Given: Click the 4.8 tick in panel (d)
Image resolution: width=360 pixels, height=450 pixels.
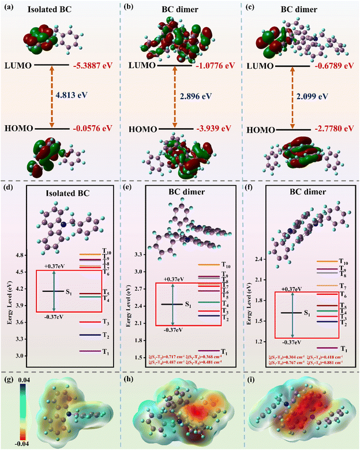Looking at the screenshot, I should tap(21, 255).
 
